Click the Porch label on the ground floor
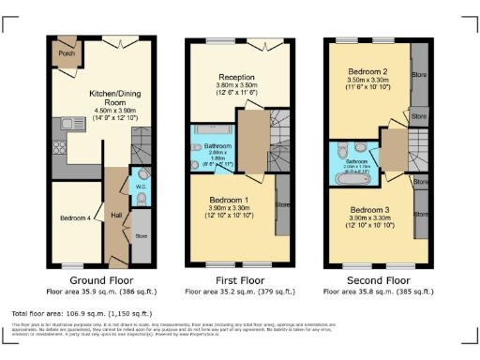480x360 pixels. click(x=67, y=53)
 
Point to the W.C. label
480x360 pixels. click(x=140, y=186)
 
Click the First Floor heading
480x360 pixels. click(x=236, y=279)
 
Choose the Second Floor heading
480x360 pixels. click(x=379, y=279)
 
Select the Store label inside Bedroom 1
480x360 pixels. click(x=280, y=202)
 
